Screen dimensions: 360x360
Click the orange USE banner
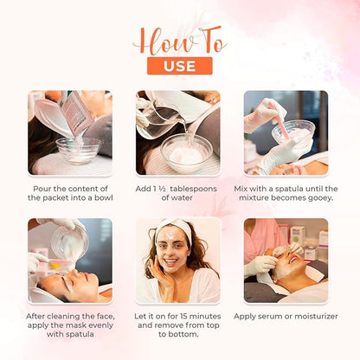(179, 66)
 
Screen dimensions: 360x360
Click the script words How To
(179, 38)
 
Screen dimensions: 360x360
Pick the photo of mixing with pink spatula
(286, 132)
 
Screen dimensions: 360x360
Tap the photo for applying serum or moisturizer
(286, 260)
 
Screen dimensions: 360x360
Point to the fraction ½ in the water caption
(170, 188)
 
